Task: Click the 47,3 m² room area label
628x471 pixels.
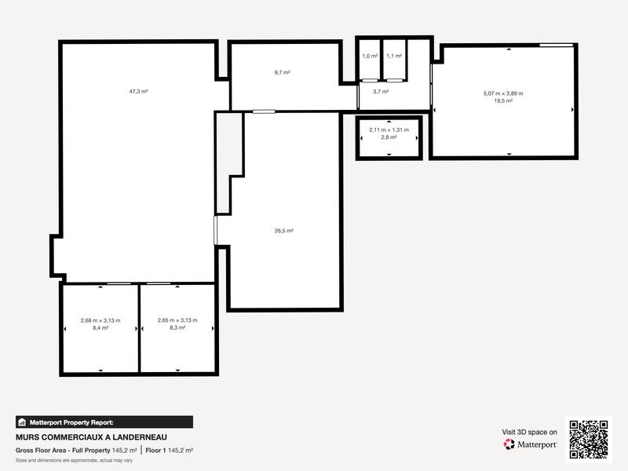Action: click(x=139, y=92)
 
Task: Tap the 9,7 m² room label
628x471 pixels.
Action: click(x=282, y=72)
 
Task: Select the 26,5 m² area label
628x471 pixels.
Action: click(x=283, y=231)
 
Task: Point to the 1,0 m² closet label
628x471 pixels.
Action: click(x=369, y=56)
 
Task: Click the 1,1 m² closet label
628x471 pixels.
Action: click(x=394, y=56)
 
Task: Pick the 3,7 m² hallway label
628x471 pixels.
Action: click(x=381, y=92)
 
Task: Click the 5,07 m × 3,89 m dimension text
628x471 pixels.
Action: click(x=503, y=93)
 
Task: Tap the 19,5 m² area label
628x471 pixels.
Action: click(x=503, y=100)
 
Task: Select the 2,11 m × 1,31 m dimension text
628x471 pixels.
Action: click(x=389, y=130)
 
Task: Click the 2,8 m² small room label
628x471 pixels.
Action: click(x=389, y=137)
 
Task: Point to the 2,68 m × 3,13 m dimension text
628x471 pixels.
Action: click(x=100, y=320)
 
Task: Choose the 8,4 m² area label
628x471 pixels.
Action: click(x=100, y=327)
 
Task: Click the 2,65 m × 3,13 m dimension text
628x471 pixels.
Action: click(x=177, y=320)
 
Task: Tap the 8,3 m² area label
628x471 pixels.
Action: click(x=177, y=327)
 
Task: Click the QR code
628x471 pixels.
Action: click(x=589, y=439)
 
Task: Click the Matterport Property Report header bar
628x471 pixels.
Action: click(x=104, y=422)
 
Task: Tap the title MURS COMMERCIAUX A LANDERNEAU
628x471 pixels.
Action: click(x=91, y=437)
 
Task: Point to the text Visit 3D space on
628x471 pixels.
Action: click(x=529, y=432)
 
